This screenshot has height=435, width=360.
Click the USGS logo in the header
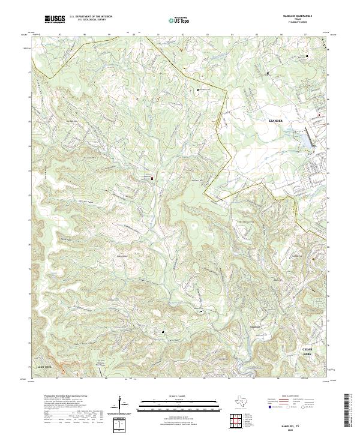click(x=55, y=19)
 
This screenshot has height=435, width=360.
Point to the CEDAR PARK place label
click(x=307, y=352)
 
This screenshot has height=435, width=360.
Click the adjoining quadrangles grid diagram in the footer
click(x=236, y=419)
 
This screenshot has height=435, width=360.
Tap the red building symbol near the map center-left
click(x=152, y=178)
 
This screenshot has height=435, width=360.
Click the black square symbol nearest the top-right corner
click(x=308, y=56)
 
